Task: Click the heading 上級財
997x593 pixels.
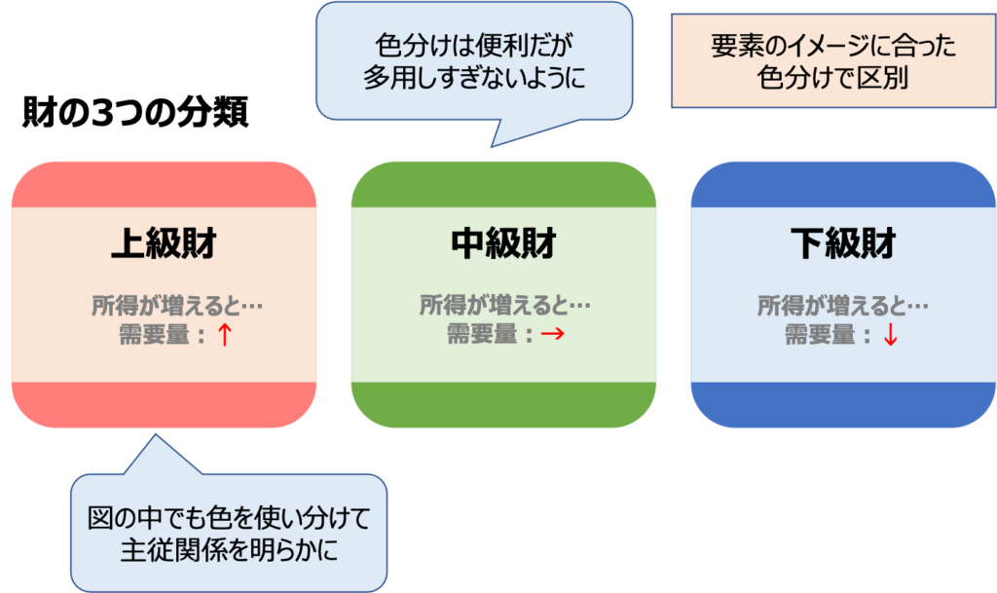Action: point(163,243)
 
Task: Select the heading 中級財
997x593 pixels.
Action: point(503,243)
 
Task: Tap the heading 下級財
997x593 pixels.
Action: point(843,243)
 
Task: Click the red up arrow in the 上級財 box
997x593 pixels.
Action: point(224,335)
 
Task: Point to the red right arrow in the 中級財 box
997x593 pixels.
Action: point(552,335)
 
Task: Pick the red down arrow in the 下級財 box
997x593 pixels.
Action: point(889,335)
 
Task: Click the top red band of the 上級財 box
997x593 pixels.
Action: point(163,185)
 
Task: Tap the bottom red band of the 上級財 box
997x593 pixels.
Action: point(163,404)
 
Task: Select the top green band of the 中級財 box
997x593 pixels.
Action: point(503,185)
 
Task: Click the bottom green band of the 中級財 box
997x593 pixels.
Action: point(503,404)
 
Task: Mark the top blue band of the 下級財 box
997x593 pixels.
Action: point(843,185)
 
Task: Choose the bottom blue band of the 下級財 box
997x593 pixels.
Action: point(843,404)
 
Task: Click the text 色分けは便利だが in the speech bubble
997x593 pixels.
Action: point(474,47)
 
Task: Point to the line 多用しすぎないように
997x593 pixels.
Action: point(474,79)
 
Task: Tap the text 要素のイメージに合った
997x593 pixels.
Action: point(832,47)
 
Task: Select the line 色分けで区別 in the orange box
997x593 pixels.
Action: point(832,79)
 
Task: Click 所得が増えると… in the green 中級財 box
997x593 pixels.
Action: point(503,305)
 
